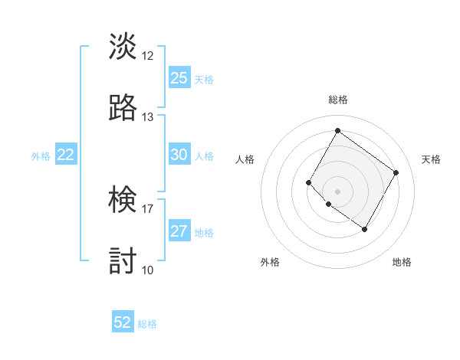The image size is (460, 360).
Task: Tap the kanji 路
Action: (123, 108)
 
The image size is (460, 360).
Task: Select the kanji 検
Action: (123, 201)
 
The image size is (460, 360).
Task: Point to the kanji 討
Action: (123, 261)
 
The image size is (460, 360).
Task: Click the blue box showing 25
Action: (179, 78)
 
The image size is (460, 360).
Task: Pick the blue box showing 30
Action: (179, 155)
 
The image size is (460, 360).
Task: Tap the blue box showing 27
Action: (179, 232)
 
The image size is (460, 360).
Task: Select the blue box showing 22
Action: (66, 155)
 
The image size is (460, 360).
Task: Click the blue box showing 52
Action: (123, 323)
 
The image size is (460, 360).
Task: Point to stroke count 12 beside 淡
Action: (148, 56)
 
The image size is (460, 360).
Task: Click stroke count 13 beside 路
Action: (148, 117)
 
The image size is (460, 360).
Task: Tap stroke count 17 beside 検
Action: (148, 209)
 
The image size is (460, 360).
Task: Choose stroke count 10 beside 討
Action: (148, 270)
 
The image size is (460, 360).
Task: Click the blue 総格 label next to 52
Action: (147, 324)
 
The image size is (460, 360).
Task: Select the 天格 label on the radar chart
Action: (431, 159)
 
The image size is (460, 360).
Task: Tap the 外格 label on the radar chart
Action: (270, 262)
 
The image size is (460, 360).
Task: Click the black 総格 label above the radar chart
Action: (337, 100)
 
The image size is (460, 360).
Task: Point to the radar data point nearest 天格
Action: (396, 173)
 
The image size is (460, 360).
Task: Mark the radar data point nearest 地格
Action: (365, 229)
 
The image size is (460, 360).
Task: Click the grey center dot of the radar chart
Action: (337, 191)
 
